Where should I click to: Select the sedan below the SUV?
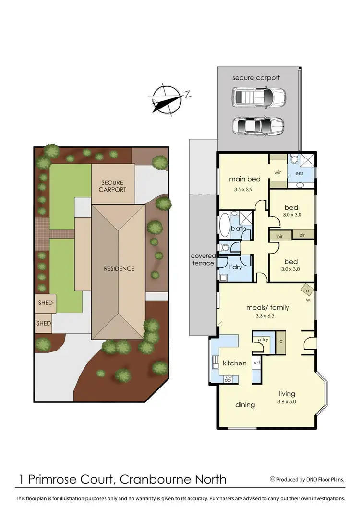(x=258, y=126)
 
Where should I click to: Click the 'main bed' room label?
(x=244, y=179)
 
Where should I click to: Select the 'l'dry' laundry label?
(x=235, y=267)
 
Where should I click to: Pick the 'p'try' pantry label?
(x=262, y=339)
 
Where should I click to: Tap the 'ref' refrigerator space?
(x=256, y=363)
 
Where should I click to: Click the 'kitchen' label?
(x=235, y=363)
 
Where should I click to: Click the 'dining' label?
(x=245, y=405)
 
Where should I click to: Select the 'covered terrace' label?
(x=203, y=259)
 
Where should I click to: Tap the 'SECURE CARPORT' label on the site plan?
(x=112, y=186)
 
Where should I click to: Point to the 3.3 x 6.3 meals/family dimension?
(x=267, y=315)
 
